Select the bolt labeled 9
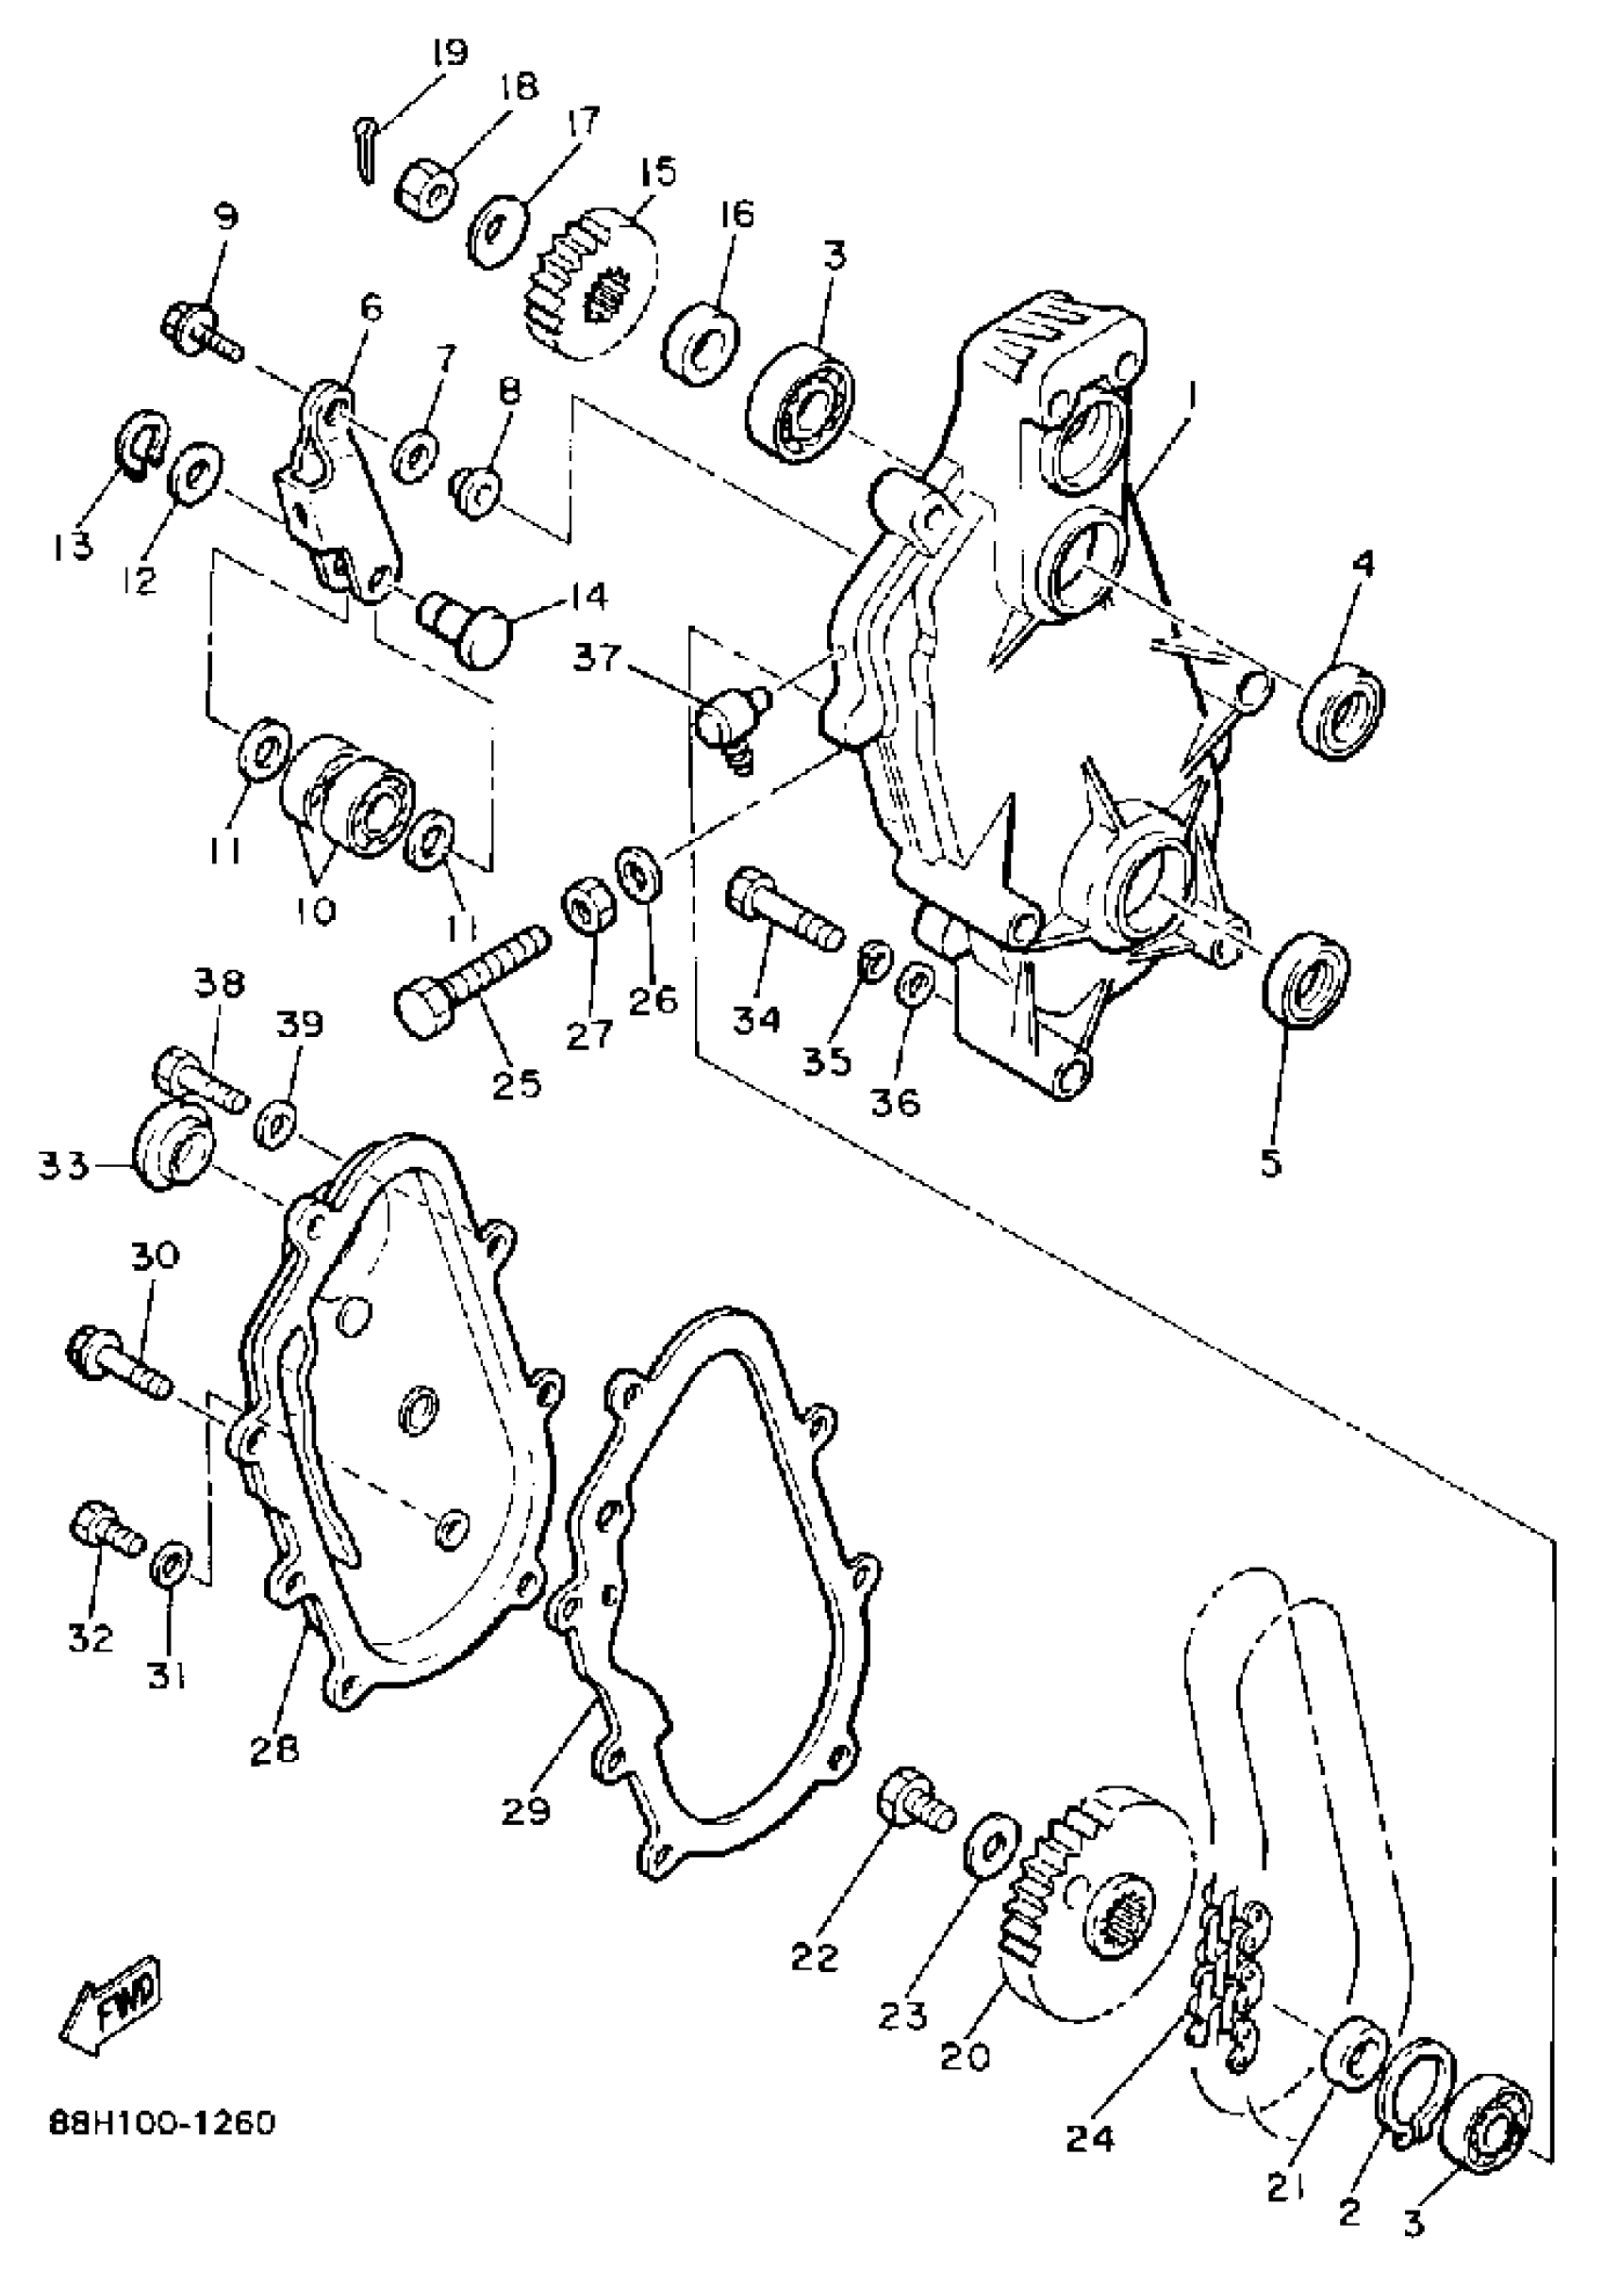[x=200, y=332]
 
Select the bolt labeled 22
[x=911, y=1800]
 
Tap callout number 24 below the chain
[x=1091, y=2138]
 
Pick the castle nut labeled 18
[x=427, y=188]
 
